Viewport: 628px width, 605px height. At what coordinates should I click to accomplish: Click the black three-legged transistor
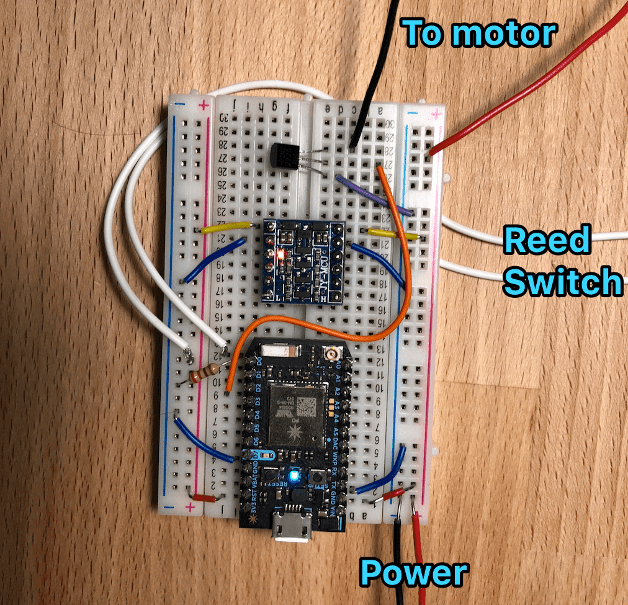point(282,152)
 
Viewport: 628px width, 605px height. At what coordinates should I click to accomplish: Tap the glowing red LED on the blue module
point(281,254)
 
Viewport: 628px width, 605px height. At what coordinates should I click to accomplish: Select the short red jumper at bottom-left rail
point(203,496)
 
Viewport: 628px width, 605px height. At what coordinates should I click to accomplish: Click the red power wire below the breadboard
point(419,546)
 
